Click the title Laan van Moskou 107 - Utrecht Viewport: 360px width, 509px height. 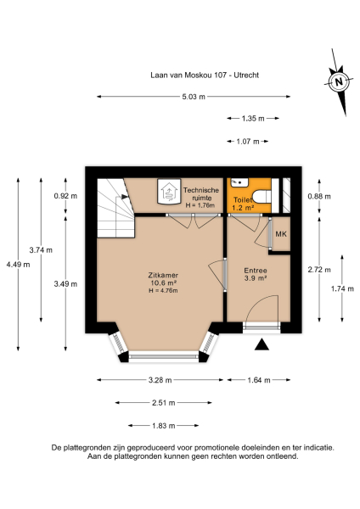180,75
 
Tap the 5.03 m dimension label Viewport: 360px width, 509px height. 194,97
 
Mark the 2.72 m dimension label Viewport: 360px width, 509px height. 318,270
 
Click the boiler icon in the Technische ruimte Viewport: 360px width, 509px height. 169,192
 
